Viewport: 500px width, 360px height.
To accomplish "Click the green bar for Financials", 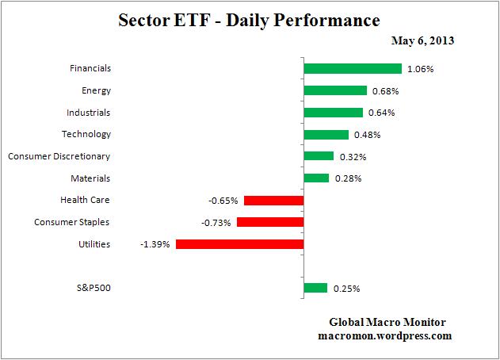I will pyautogui.click(x=353, y=69).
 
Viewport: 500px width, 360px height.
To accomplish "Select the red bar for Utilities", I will pyautogui.click(x=239, y=244).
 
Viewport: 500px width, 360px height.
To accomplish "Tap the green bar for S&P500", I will pyautogui.click(x=315, y=288).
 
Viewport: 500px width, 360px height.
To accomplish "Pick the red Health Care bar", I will pyautogui.click(x=273, y=201).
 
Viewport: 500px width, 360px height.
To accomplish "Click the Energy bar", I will pyautogui.click(x=335, y=90).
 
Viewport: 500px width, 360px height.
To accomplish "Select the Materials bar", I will pyautogui.click(x=316, y=178).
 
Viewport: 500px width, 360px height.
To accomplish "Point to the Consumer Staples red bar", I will pyautogui.click(x=270, y=223).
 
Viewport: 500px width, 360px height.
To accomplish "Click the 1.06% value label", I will pyautogui.click(x=420, y=69).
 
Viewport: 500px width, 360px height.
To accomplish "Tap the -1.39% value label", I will pyautogui.click(x=155, y=245).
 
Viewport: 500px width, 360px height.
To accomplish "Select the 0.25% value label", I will pyautogui.click(x=346, y=289).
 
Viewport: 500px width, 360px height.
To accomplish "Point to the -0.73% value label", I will pyautogui.click(x=216, y=223).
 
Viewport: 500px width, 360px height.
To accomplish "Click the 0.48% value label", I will pyautogui.click(x=368, y=135).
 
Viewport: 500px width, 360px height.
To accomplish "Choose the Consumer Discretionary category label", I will pyautogui.click(x=59, y=156).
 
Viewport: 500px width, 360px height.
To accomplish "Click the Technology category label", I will pyautogui.click(x=86, y=134).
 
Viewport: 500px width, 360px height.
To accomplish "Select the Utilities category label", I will pyautogui.click(x=94, y=244).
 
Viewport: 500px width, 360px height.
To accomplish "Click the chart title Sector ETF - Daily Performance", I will pyautogui.click(x=250, y=19).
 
